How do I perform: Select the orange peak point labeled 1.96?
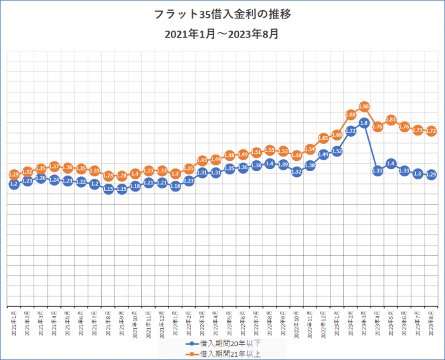(364, 106)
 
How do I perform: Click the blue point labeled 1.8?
(364, 123)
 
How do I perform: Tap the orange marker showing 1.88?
(350, 114)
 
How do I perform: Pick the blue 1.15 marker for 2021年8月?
(108, 189)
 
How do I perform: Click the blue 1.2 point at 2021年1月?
(14, 184)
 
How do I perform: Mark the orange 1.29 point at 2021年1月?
(14, 174)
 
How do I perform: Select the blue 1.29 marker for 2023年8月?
(431, 174)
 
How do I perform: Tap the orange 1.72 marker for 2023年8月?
(431, 131)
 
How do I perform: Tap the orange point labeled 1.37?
(54, 167)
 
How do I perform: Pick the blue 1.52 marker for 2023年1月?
(337, 151)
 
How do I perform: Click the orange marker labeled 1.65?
(324, 138)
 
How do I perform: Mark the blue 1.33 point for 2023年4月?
(377, 170)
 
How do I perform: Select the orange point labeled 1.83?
(391, 120)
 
